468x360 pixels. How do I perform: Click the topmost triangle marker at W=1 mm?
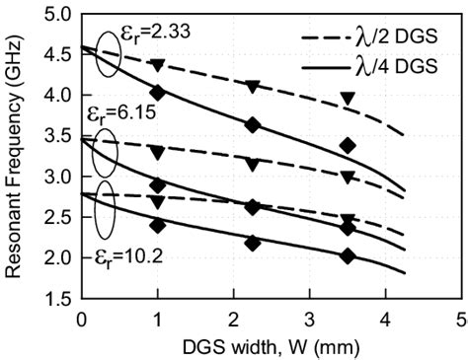coord(157,65)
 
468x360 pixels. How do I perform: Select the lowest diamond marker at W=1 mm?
coord(157,225)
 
